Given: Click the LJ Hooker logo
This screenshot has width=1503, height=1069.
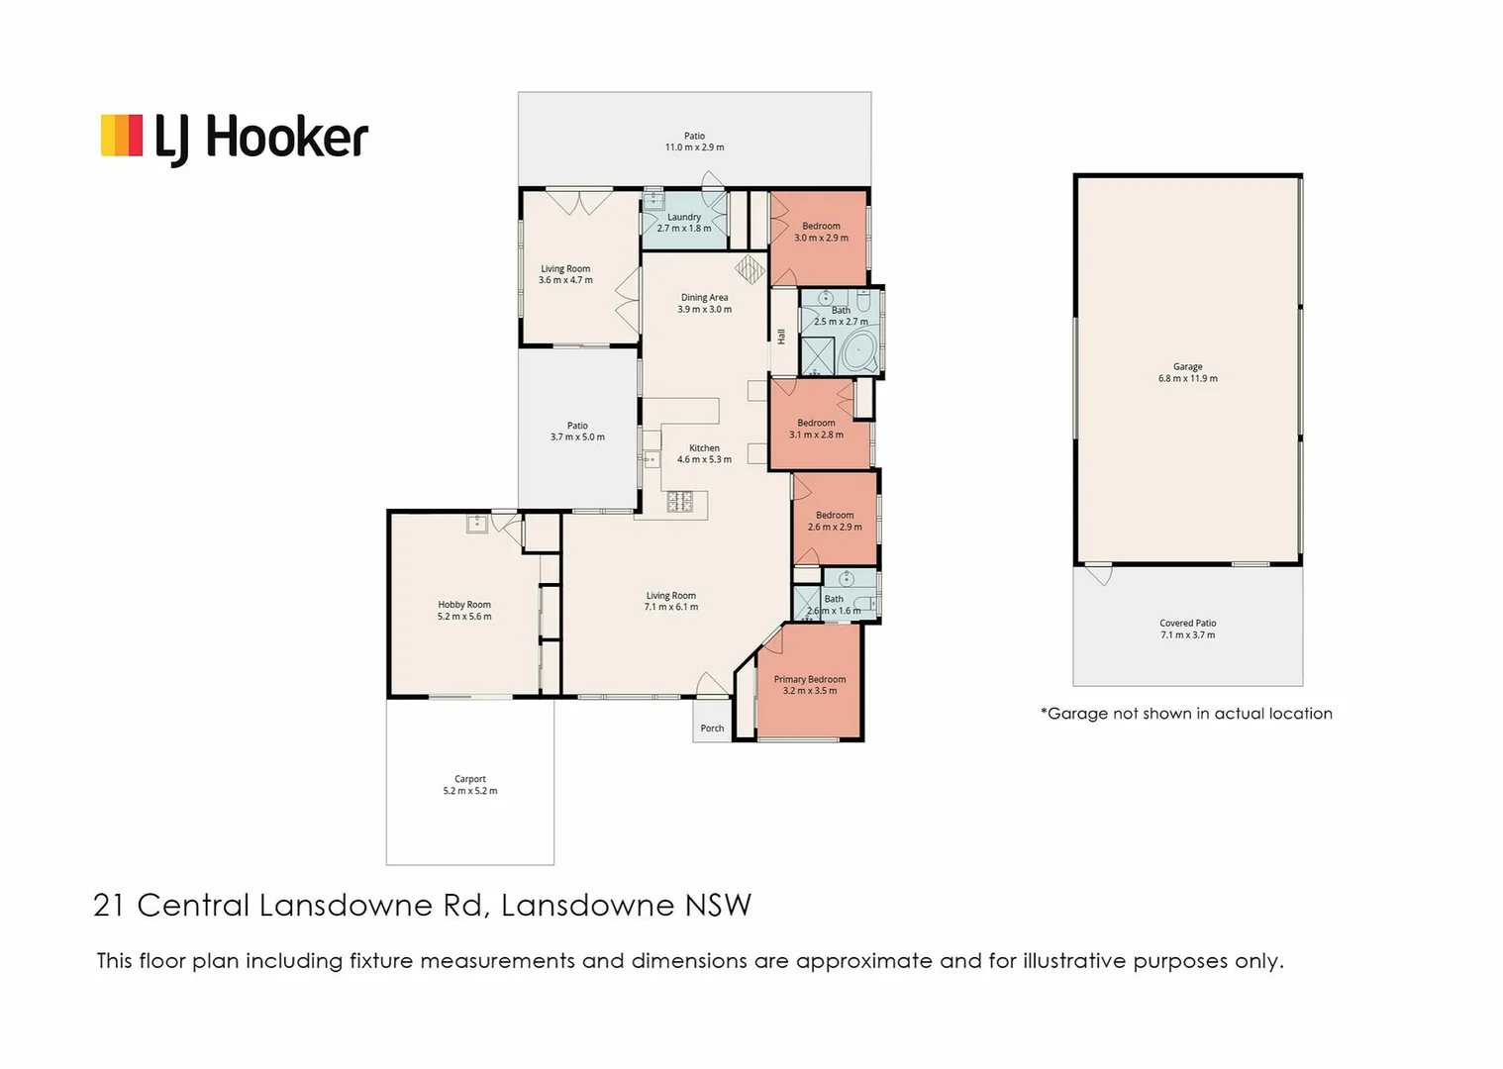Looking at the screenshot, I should pyautogui.click(x=235, y=138).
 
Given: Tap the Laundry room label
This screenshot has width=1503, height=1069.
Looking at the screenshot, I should pyautogui.click(x=683, y=217).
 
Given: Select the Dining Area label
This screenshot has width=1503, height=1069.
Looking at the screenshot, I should pyautogui.click(x=704, y=297).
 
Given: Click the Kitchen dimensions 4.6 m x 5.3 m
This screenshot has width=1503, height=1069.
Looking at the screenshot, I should pyautogui.click(x=704, y=459).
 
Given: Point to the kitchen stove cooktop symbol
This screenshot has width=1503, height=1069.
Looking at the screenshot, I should pyautogui.click(x=679, y=502).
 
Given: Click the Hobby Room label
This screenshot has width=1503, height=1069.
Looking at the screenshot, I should pyautogui.click(x=463, y=604).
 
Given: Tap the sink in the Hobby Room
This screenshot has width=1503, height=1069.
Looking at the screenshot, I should pyautogui.click(x=477, y=524).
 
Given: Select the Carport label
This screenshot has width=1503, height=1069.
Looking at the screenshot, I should pyautogui.click(x=469, y=779).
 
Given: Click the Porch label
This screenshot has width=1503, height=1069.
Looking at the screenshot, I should pyautogui.click(x=712, y=729).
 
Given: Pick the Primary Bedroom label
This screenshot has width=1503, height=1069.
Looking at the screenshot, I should pyautogui.click(x=809, y=679).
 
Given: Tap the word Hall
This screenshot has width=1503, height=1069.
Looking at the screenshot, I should pyautogui.click(x=781, y=337).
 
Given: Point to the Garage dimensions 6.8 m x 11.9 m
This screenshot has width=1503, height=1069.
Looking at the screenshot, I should pyautogui.click(x=1187, y=378).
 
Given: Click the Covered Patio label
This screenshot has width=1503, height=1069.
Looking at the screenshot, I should pyautogui.click(x=1187, y=624).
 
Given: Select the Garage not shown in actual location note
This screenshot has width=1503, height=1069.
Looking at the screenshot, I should pyautogui.click(x=1185, y=714).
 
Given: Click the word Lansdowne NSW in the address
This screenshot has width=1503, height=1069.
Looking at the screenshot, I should pyautogui.click(x=626, y=905).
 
